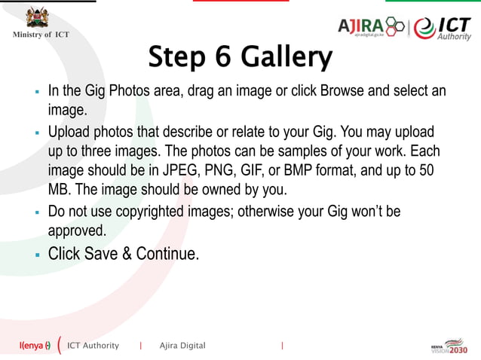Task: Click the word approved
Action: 78,231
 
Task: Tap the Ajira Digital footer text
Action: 182,346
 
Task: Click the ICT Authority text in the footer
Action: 93,346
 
